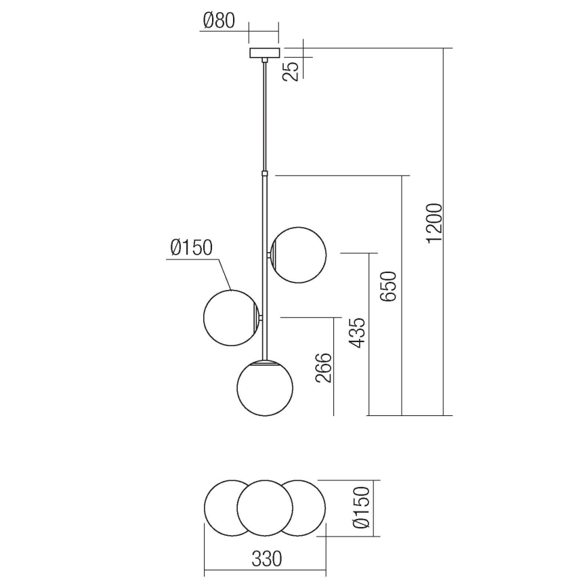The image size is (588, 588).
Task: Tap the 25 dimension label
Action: coord(291,71)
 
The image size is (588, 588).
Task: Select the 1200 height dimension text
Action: coord(435,223)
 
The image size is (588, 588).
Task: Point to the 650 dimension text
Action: coord(388,287)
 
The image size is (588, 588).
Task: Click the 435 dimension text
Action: coord(356,333)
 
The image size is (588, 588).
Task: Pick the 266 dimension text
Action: coord(324,368)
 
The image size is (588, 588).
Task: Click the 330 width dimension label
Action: coord(267,559)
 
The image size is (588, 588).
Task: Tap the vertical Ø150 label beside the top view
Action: coord(362,508)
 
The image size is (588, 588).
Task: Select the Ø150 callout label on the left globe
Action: coord(191,247)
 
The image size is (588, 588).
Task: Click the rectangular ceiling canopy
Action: coord(264,53)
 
